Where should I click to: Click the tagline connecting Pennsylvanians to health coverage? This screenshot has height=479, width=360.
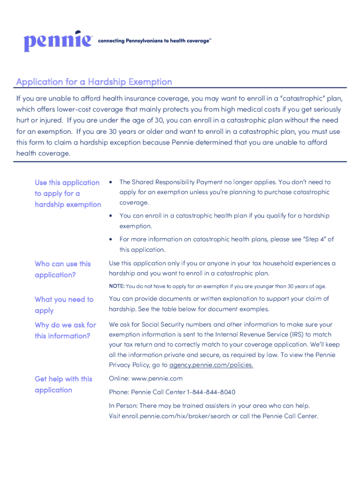[154, 41]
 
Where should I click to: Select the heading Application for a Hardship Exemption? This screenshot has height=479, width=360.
[94, 82]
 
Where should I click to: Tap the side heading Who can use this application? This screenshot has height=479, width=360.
[63, 269]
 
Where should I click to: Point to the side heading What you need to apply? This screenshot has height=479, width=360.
[64, 305]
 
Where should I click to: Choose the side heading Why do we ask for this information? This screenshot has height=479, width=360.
[65, 330]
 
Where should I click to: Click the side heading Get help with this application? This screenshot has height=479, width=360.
[64, 385]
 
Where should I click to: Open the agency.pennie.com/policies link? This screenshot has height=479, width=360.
[211, 365]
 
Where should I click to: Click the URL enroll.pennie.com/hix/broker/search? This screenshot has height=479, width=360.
[173, 416]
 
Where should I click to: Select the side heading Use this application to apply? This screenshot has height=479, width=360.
[68, 193]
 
